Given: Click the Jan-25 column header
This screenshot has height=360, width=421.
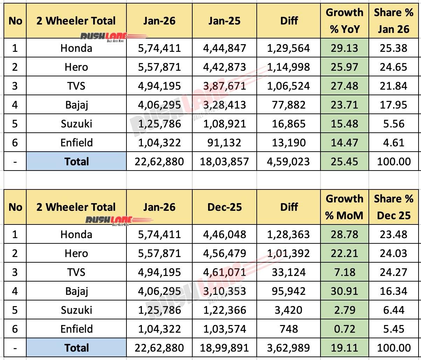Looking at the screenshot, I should coord(225,21).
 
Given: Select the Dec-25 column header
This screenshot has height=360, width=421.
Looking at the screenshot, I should coord(225,207).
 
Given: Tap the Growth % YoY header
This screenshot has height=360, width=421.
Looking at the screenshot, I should coord(344,21).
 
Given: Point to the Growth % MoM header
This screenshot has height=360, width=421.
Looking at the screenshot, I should coord(344,207).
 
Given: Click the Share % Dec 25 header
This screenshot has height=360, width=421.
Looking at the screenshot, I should coord(394,207).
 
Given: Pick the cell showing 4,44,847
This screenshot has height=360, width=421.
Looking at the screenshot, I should coord(225,48).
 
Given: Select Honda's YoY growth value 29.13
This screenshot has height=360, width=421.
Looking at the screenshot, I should coord(344,48).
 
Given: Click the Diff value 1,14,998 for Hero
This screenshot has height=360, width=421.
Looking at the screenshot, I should coord(289,67).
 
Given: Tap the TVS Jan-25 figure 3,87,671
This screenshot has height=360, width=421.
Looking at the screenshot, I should coord(225,86).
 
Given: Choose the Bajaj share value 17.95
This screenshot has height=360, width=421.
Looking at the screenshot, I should coord(394,105).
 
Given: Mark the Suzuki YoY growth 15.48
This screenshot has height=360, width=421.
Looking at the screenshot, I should coord(344,124).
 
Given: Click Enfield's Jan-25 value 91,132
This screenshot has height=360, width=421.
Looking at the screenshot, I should coord(225,143).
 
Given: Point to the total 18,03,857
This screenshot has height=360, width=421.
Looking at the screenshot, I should coord(225,161).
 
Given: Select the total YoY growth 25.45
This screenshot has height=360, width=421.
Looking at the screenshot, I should coord(344,161).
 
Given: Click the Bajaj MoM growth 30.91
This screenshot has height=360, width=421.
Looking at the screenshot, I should coord(344,291).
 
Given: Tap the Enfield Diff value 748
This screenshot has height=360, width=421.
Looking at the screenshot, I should coord(289,329).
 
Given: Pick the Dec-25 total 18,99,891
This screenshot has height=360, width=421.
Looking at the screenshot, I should coord(225,348).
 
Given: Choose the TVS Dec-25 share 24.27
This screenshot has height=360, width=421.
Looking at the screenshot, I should coord(394,272).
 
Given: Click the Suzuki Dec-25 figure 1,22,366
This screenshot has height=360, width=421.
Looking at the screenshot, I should coord(225,310).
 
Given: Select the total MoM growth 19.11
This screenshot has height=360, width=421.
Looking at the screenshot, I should coord(344,348).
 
